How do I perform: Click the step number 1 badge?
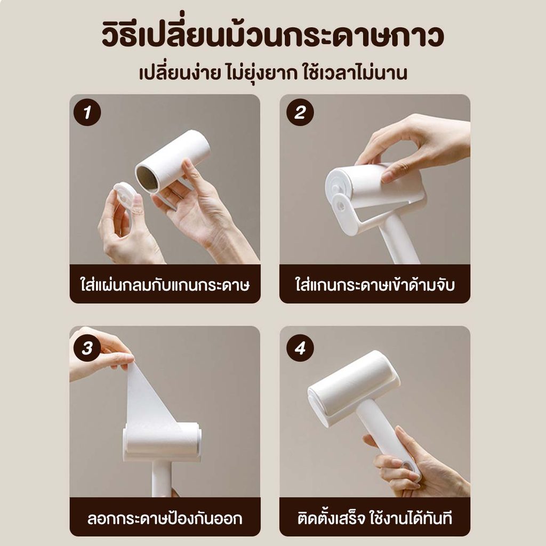click(x=87, y=112)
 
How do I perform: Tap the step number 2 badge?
click(x=300, y=112)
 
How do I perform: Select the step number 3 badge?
click(x=87, y=348)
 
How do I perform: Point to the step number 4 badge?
click(x=300, y=348)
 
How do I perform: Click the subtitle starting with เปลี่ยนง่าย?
click(x=273, y=73)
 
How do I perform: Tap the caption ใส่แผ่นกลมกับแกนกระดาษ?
click(x=165, y=285)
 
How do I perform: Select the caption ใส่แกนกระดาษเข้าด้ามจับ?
click(x=375, y=285)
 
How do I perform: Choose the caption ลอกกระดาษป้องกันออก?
click(x=165, y=518)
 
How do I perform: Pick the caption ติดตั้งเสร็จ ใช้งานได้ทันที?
click(x=375, y=518)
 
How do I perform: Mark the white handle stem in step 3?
click(x=162, y=479)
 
